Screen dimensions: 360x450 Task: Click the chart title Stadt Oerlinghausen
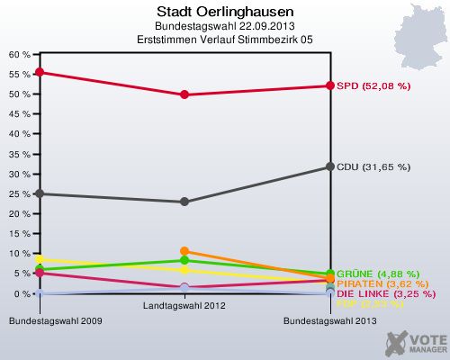coord(224,12)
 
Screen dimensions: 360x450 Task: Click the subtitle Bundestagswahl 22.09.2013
coord(224,27)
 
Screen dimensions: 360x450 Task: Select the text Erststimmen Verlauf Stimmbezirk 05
coord(224,40)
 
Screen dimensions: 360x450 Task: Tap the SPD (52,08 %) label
coord(373,86)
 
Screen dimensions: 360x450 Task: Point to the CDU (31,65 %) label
coord(373,166)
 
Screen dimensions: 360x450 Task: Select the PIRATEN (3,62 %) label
coord(377,284)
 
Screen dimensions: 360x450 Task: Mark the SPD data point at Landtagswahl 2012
coord(184,94)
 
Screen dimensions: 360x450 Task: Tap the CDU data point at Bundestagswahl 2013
coord(330,167)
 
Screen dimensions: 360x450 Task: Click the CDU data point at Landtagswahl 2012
coord(184,202)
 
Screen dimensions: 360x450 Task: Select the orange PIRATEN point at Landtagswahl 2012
coord(184,251)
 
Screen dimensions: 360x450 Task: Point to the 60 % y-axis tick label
coord(19,54)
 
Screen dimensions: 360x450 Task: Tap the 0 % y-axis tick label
coord(22,293)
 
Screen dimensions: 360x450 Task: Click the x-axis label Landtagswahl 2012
coord(184,305)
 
